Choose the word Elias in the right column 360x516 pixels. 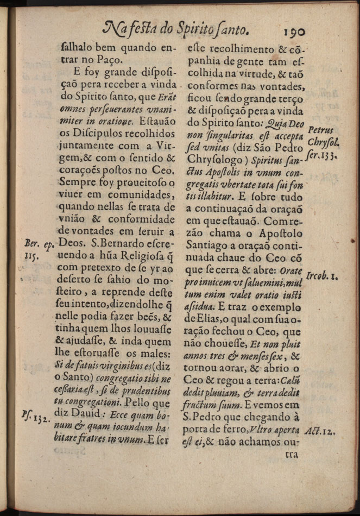click(x=213, y=318)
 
